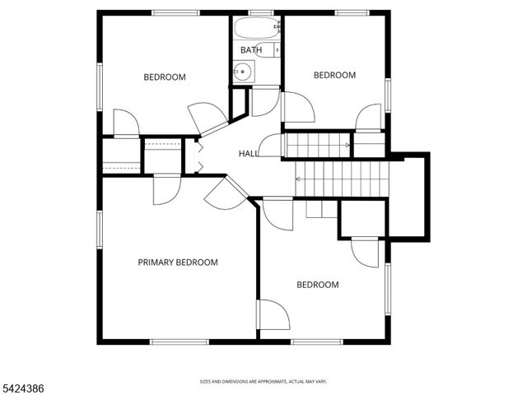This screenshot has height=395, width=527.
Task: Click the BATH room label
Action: [250, 51]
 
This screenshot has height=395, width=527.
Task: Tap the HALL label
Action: [248, 154]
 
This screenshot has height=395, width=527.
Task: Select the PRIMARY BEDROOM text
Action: [177, 263]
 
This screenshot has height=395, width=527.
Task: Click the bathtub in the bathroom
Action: [255, 29]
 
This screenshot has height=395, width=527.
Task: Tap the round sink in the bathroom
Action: [242, 73]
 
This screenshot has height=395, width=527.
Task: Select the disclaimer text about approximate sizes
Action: [263, 382]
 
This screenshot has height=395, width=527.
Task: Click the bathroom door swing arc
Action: [265, 100]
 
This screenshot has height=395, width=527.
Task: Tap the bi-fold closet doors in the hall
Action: [198, 156]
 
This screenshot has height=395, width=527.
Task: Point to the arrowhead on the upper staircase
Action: [348, 146]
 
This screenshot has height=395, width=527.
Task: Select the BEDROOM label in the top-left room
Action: [165, 77]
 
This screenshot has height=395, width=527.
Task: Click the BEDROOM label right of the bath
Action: [334, 75]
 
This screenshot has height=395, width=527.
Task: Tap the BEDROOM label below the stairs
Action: [317, 285]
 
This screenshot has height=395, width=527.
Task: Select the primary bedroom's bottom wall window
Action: [179, 342]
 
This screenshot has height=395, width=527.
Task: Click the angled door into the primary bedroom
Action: [225, 194]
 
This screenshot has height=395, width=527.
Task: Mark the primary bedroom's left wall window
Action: [100, 234]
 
